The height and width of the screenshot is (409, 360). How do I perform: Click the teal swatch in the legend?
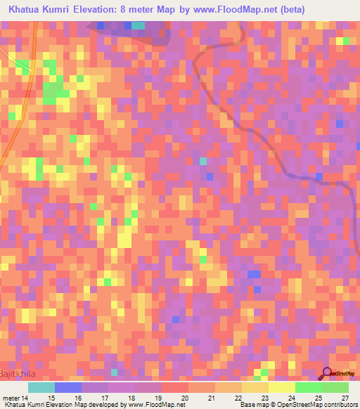point(41,387)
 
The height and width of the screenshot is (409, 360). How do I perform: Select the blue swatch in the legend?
point(68,387)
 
